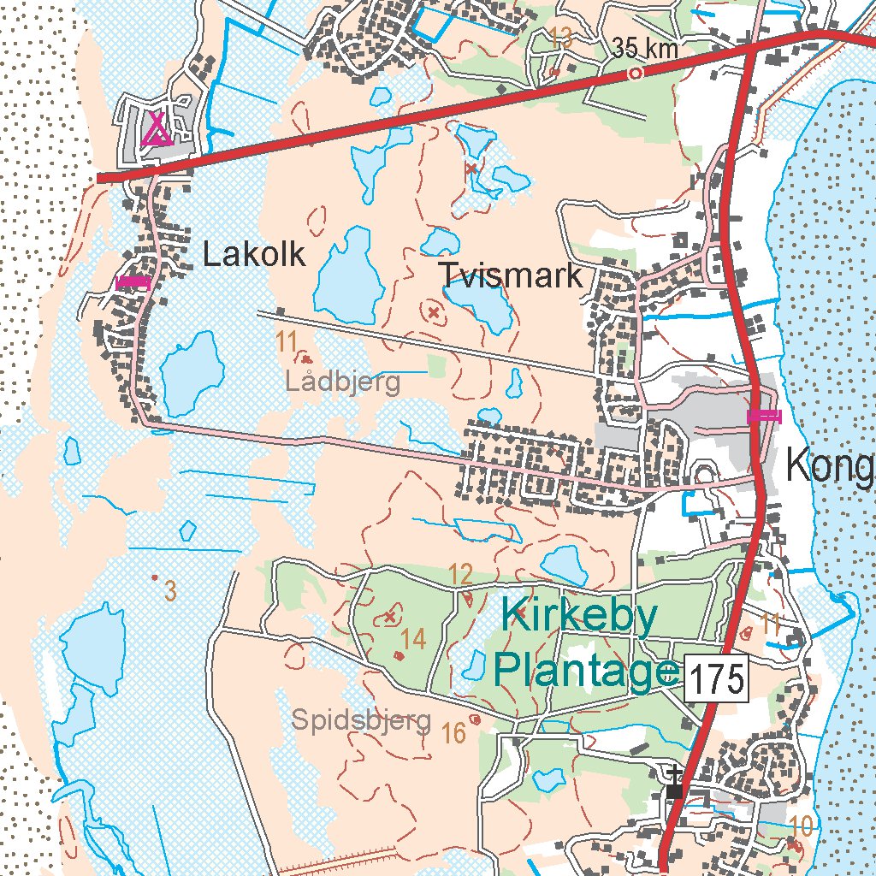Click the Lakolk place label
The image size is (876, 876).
254,254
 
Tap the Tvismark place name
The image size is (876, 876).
511,275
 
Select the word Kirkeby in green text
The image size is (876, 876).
579,615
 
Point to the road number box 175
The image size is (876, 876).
716,681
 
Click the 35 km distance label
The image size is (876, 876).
645,49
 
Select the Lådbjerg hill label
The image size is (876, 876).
342,382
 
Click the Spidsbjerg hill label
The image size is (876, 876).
360,719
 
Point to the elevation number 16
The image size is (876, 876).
453,732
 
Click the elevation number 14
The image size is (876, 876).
412,638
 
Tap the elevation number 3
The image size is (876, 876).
169,589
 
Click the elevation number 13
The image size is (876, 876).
561,37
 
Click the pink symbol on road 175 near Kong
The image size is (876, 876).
764,416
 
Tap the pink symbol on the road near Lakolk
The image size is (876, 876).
133,281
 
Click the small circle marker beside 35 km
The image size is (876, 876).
635,74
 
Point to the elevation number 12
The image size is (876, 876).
460,574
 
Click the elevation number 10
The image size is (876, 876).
801,826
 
